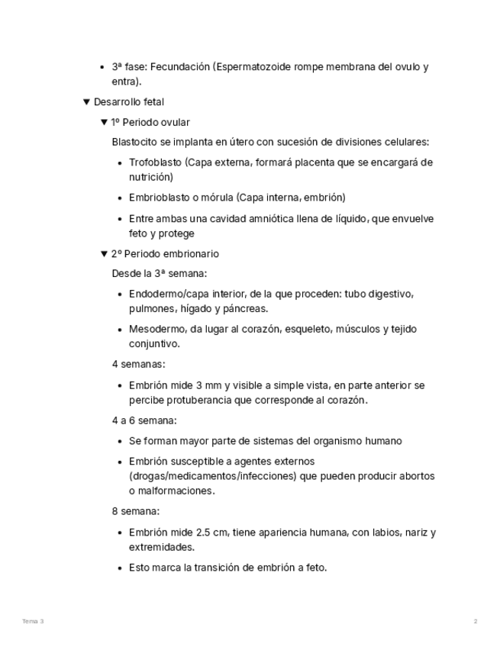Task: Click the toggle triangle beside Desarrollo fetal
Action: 86,101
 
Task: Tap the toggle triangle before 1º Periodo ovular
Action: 104,122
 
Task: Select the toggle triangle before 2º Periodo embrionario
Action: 104,253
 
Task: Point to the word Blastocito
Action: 134,142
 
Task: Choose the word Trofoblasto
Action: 155,163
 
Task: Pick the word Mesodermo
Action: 156,329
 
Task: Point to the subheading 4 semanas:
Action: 138,365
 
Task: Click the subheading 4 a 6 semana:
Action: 144,420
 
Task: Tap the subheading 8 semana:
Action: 135,511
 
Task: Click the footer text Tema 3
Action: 33,622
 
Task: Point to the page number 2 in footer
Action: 476,622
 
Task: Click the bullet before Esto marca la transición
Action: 121,568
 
